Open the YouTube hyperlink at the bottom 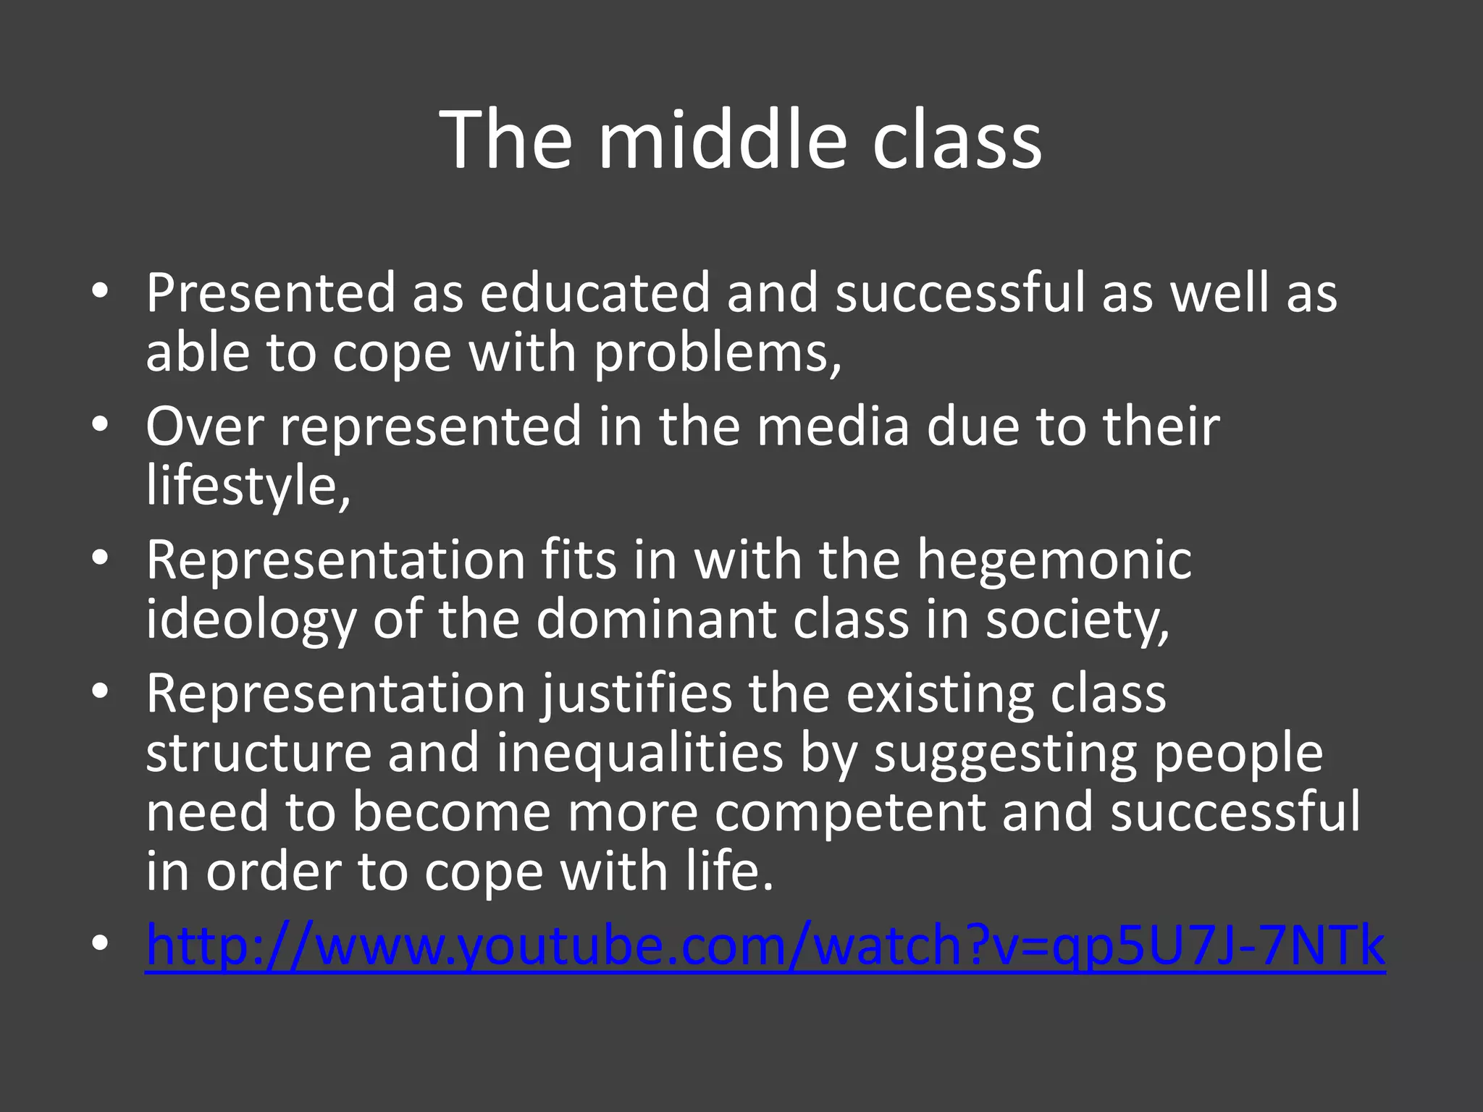(x=765, y=945)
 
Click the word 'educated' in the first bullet (x=595, y=292)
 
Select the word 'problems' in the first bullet (x=713, y=353)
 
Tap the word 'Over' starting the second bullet (x=204, y=426)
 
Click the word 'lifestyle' (x=243, y=486)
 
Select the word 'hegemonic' (x=1054, y=560)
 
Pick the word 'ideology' (x=251, y=620)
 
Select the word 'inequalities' (x=639, y=753)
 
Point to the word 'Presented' (x=270, y=292)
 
